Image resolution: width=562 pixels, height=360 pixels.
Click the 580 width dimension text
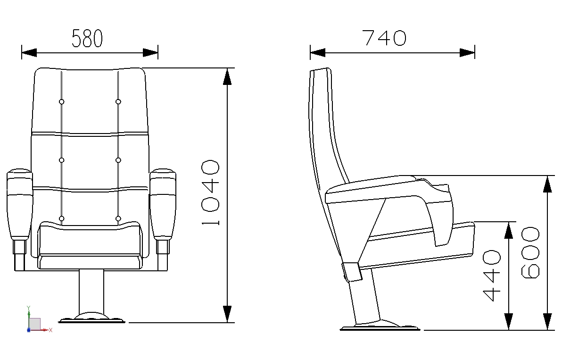[87, 38]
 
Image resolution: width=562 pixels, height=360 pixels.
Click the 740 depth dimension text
[385, 38]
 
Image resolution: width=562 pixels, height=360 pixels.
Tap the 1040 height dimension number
[210, 193]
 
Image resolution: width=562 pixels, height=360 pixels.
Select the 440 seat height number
[491, 276]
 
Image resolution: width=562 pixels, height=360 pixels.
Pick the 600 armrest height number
[530, 252]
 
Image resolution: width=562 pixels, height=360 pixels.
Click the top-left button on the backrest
[62, 102]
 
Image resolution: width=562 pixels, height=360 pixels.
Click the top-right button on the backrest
[118, 102]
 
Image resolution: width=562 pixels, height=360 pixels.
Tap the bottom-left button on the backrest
[62, 218]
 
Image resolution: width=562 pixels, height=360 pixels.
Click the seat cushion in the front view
[90, 245]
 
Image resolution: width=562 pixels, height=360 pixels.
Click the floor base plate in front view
[92, 319]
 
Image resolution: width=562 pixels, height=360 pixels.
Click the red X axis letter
[50, 330]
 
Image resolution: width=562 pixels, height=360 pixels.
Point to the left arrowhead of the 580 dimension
[29, 53]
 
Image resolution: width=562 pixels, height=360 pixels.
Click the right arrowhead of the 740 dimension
[467, 53]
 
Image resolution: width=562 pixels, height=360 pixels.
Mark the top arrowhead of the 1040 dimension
[227, 76]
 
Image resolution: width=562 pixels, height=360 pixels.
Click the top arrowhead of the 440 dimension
[509, 230]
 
